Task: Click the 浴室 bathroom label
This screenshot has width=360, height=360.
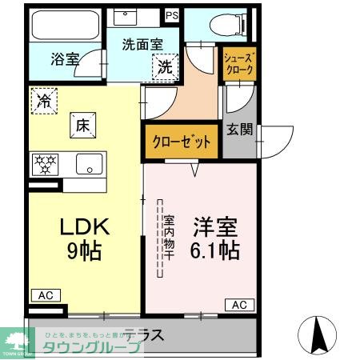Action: click(x=65, y=58)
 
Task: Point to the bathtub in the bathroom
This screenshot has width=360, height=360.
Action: click(x=63, y=26)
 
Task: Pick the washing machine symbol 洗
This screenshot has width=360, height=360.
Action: click(x=165, y=67)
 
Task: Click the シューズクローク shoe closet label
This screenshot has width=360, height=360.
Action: click(x=239, y=63)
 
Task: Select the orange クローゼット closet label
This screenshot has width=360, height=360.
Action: click(x=182, y=142)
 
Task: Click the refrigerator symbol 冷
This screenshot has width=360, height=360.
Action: click(x=44, y=102)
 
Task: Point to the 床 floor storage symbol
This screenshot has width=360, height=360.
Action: click(x=82, y=124)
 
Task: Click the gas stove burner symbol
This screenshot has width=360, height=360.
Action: click(x=45, y=164)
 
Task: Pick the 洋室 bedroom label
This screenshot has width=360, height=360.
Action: click(x=214, y=226)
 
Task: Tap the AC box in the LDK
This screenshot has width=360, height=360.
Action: click(x=44, y=295)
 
